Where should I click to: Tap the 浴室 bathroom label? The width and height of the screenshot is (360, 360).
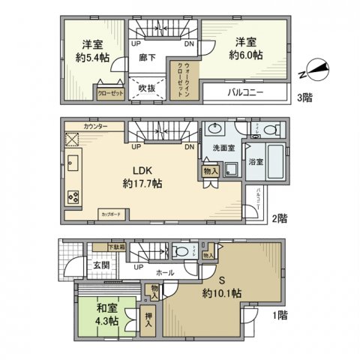[x=255, y=163]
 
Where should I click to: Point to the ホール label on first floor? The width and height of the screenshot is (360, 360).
[x=167, y=266]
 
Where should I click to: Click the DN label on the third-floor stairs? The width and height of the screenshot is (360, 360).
[x=189, y=43]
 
